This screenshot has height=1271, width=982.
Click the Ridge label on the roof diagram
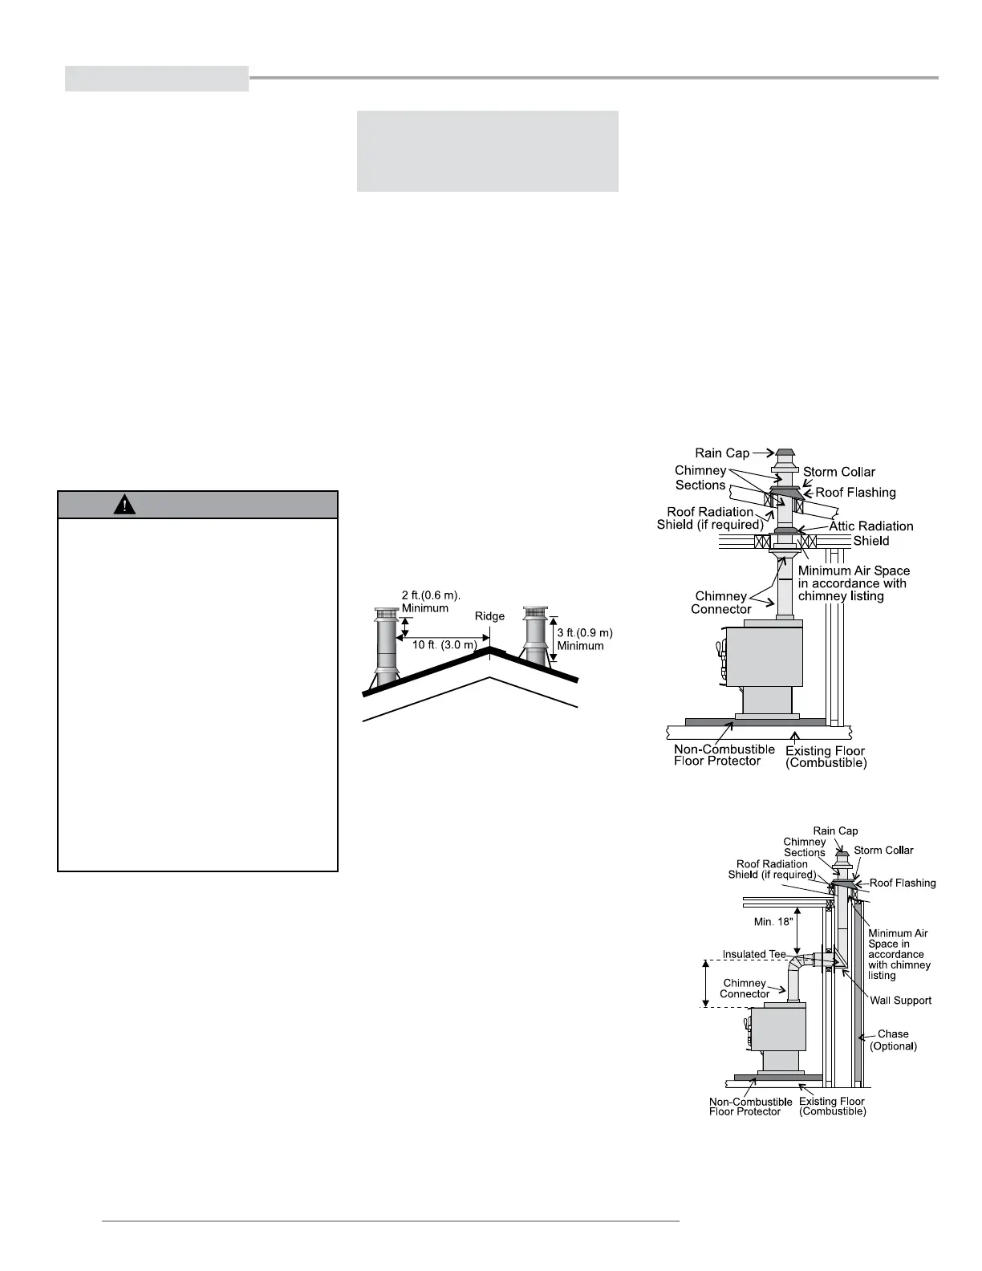click(x=489, y=616)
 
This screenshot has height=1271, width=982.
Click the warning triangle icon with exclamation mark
click(x=125, y=505)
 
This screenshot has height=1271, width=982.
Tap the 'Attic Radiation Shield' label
click(x=870, y=533)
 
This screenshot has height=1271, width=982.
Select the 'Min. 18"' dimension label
click(x=774, y=922)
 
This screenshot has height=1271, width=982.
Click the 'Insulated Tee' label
click(x=754, y=954)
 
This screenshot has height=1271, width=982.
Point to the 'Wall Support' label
click(x=901, y=1000)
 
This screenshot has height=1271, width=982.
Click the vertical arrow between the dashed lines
click(x=706, y=983)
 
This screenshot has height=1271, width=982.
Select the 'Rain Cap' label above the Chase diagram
click(x=835, y=831)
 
